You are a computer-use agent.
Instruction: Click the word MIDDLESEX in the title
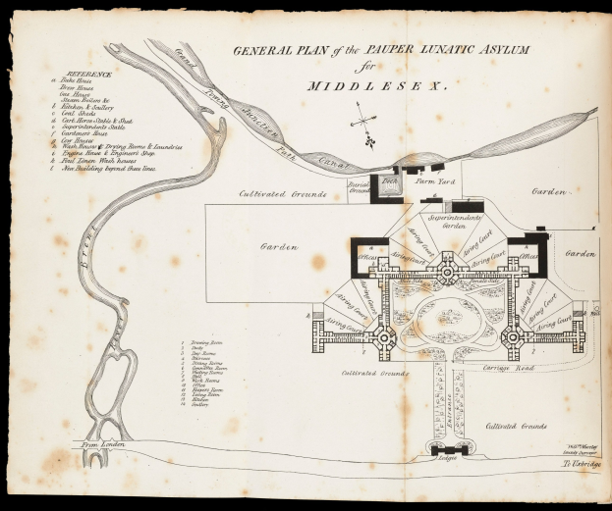[377, 85]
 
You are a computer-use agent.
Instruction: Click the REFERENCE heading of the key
[83, 74]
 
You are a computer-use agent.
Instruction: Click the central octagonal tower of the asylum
[448, 266]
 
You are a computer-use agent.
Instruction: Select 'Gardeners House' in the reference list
[83, 132]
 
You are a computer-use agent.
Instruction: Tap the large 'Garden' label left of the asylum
[278, 247]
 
